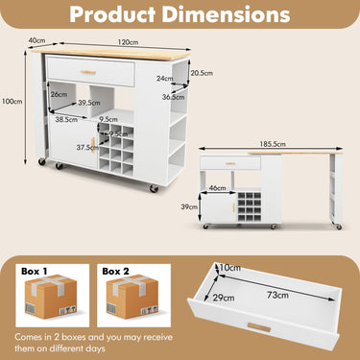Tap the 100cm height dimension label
pyautogui.click(x=12, y=102)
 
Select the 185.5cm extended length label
pyautogui.click(x=273, y=144)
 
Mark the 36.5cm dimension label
pyautogui.click(x=174, y=97)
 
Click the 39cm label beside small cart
pyautogui.click(x=189, y=206)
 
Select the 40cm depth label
pyautogui.click(x=36, y=40)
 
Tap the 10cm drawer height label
pyautogui.click(x=228, y=266)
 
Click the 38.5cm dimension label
pyautogui.click(x=65, y=120)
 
